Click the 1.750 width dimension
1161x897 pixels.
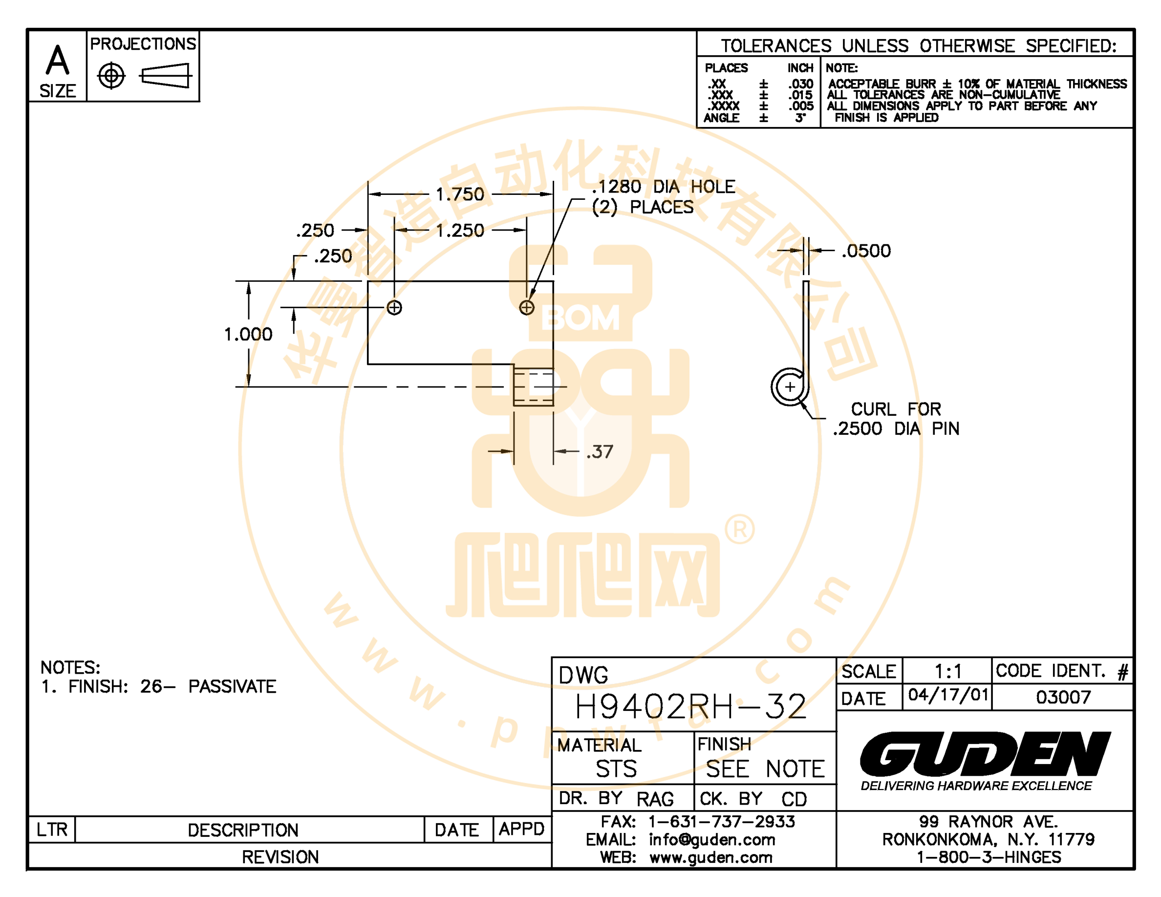click(x=460, y=194)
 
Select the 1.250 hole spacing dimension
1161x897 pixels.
click(x=460, y=231)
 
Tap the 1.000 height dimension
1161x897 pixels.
click(x=248, y=334)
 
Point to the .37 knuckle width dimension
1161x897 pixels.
click(x=600, y=452)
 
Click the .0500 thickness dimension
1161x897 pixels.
click(x=866, y=251)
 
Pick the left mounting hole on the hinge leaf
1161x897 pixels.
click(x=394, y=308)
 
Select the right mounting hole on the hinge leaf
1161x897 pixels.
click(x=527, y=308)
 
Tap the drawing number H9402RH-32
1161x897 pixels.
click(x=690, y=706)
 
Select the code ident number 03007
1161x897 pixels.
click(x=1063, y=697)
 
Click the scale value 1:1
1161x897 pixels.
click(x=948, y=672)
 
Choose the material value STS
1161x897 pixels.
click(x=616, y=769)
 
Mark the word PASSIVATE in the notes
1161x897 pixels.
click(x=232, y=686)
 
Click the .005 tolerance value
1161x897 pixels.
click(x=800, y=106)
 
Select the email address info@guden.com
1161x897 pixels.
click(x=712, y=840)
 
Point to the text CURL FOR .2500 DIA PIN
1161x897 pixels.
click(x=896, y=419)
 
